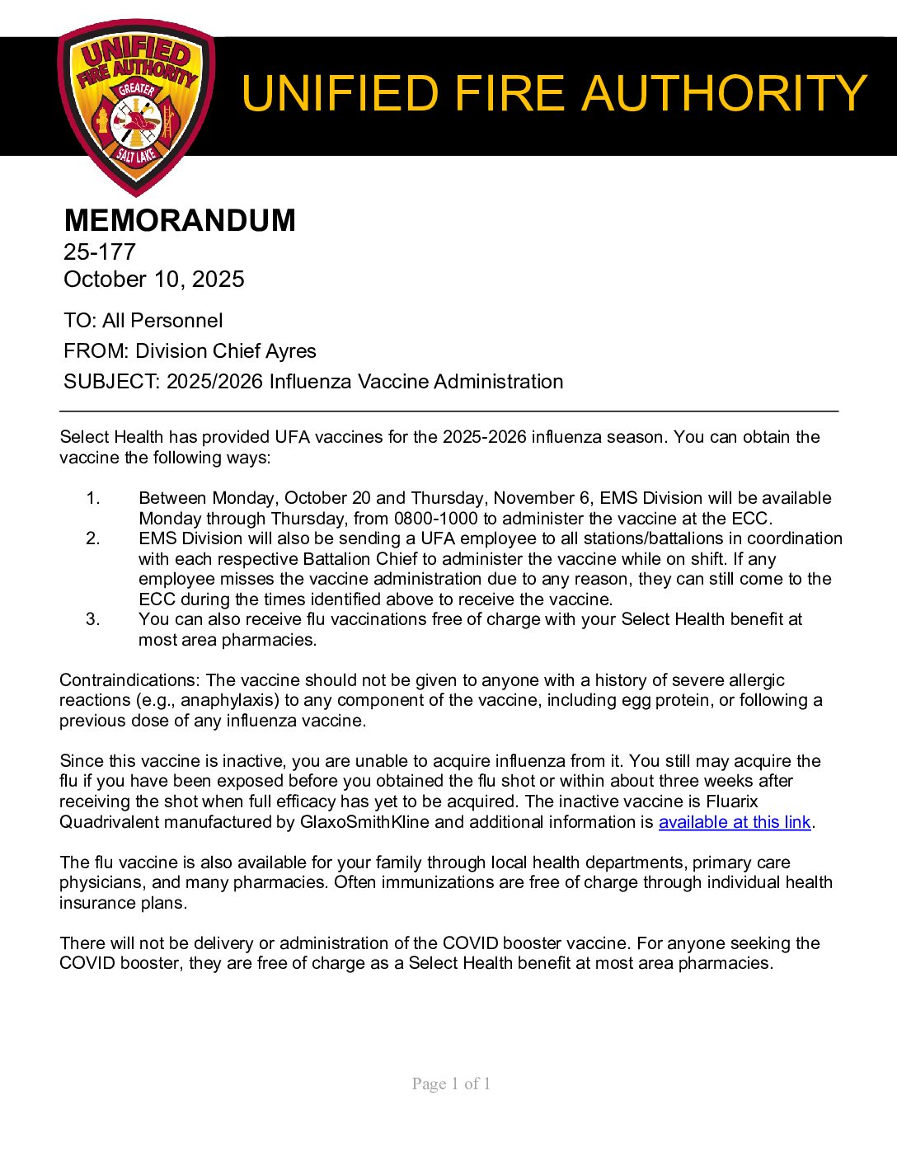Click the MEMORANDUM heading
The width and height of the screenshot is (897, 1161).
[x=180, y=221]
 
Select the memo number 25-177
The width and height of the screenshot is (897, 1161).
[x=100, y=252]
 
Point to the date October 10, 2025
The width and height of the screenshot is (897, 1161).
[x=154, y=280]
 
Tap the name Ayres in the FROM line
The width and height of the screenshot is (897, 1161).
[x=290, y=351]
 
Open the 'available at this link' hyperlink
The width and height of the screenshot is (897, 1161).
[x=735, y=822]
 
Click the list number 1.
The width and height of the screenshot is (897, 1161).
[x=93, y=498]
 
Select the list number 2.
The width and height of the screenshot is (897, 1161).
[x=93, y=538]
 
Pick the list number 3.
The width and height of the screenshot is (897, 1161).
[x=93, y=619]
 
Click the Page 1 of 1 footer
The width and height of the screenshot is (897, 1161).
[x=451, y=1083]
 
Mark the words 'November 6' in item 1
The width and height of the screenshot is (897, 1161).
[x=539, y=498]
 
